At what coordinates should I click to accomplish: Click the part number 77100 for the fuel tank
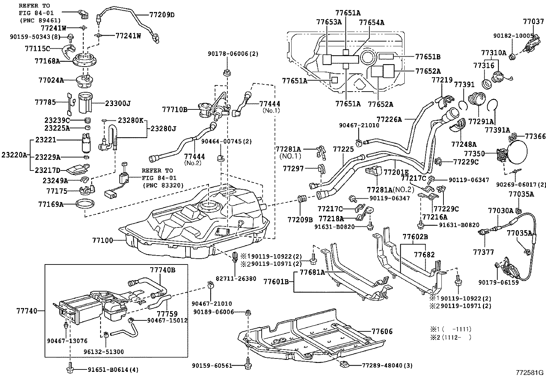pos(102,240)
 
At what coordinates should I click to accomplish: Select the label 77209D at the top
pos(162,15)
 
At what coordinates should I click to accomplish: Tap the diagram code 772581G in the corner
pos(531,373)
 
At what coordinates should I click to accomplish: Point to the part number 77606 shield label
pos(382,331)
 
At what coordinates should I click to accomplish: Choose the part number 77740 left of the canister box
pos(27,311)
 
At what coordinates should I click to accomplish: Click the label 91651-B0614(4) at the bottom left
pos(108,370)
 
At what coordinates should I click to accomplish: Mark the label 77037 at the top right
pos(533,21)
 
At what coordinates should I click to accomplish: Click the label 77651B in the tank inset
pos(428,57)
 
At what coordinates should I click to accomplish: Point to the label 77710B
pos(175,110)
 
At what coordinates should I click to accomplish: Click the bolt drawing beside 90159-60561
pos(248,365)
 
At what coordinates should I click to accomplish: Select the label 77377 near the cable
pos(484,252)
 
